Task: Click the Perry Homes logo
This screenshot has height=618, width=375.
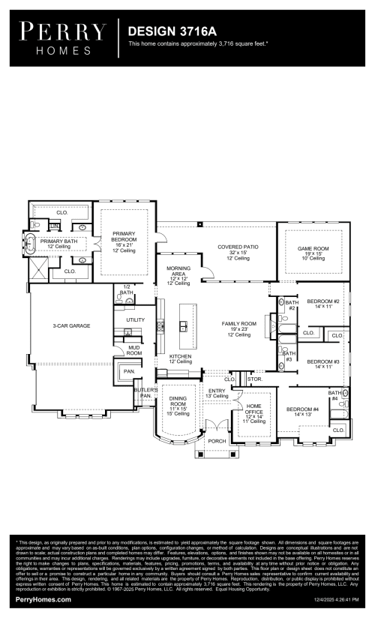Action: pos(62,37)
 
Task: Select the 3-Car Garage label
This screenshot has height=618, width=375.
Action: pos(70,326)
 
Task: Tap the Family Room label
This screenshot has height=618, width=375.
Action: pos(238,328)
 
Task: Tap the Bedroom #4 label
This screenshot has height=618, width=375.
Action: pos(302,412)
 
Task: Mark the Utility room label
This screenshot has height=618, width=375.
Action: pos(135,320)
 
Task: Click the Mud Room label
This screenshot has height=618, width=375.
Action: pos(134,350)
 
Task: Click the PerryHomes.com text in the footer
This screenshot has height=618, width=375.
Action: pos(43,600)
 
